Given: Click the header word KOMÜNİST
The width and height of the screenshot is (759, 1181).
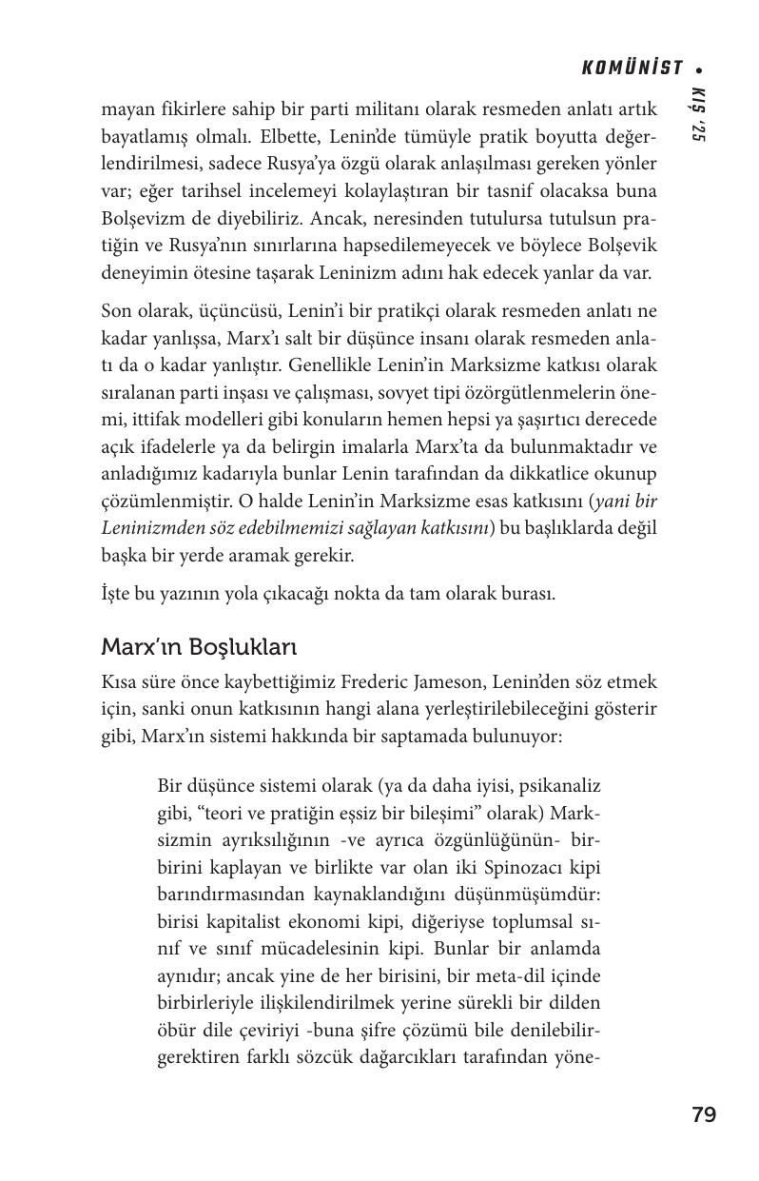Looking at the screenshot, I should pyautogui.click(x=632, y=68).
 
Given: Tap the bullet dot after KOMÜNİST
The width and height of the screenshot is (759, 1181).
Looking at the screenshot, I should pyautogui.click(x=699, y=69).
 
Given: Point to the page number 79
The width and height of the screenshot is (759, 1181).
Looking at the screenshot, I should pyautogui.click(x=704, y=1114).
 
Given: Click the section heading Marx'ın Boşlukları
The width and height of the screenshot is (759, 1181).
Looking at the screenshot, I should pyautogui.click(x=199, y=647).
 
